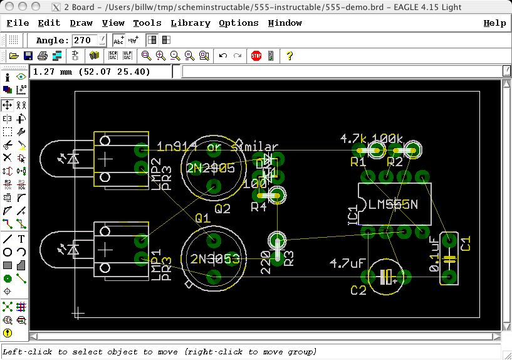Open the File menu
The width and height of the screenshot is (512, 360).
pos(18,23)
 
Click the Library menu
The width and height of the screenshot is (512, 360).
pos(190,23)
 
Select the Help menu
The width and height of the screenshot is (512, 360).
pos(494,23)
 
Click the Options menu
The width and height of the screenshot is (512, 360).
pos(238,23)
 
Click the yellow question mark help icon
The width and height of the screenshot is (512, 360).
pos(290,56)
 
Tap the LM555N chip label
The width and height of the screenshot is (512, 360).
pos(393,204)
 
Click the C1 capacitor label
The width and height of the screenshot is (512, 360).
pos(466,243)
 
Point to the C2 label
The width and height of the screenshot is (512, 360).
pos(358,290)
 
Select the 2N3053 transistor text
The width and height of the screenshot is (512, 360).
pos(215,259)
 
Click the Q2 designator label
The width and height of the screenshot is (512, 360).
pos(222,209)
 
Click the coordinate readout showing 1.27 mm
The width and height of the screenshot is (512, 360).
pos(91,72)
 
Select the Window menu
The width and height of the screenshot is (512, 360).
pos(285,23)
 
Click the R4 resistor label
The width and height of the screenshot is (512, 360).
pos(259,206)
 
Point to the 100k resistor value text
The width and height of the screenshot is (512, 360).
pos(388,138)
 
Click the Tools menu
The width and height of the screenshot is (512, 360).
pos(147,23)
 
